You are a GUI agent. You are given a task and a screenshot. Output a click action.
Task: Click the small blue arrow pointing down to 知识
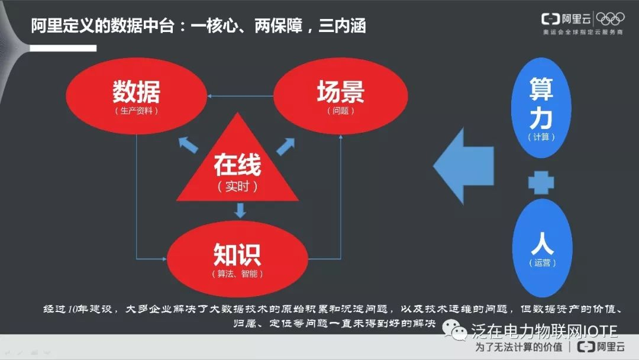pos(240,210)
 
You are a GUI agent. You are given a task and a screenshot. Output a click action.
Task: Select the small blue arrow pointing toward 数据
pos(189,143)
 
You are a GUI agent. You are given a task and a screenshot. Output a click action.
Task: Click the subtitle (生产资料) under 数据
pos(137,111)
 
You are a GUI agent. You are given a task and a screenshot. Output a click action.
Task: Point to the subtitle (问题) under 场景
pos(340,111)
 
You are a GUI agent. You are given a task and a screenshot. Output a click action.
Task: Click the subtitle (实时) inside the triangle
pos(237,187)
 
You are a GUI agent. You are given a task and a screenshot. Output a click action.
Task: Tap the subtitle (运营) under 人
pos(541,262)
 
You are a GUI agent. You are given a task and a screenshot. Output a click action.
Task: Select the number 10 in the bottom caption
pos(73,309)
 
